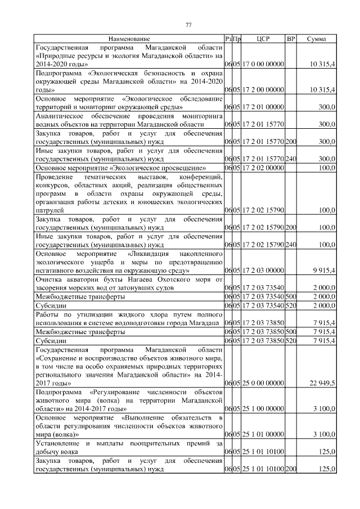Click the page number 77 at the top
(188, 24)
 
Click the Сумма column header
(318, 39)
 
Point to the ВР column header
(291, 39)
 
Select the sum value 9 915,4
(323, 271)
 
